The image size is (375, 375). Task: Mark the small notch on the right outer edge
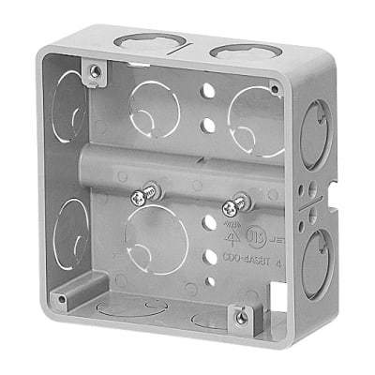(333, 198)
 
